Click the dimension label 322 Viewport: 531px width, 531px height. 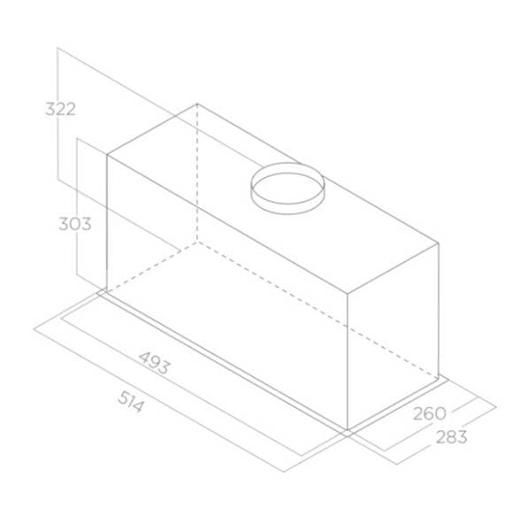coord(60,109)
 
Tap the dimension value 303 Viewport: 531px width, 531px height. coord(75,224)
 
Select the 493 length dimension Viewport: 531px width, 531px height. coord(154,363)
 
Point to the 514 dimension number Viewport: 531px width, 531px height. coord(131,402)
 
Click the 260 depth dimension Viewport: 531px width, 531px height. coord(429,413)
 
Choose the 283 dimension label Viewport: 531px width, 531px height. coord(451,437)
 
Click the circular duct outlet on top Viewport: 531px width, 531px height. coord(288,189)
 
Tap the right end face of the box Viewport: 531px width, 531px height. coord(393,335)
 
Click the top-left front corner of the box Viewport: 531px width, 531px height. coord(107,155)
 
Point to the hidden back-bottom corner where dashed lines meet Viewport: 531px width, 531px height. coord(197,242)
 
